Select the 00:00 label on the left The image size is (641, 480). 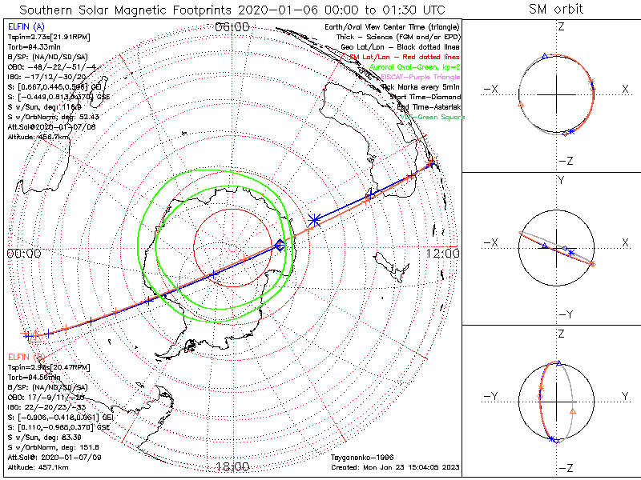point(23,253)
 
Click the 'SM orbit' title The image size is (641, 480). point(556,9)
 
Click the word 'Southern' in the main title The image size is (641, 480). point(50,9)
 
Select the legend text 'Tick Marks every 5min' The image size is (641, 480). point(419,86)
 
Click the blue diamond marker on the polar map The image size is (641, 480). point(280,246)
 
